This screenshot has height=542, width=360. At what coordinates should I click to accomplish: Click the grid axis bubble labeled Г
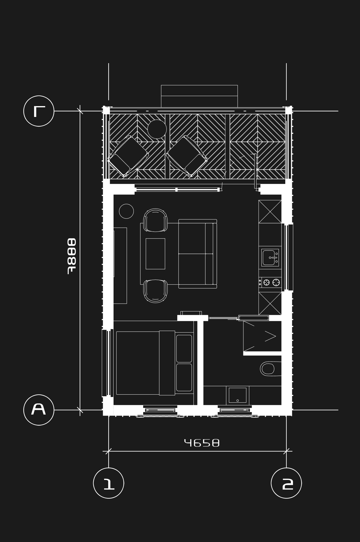tap(39, 111)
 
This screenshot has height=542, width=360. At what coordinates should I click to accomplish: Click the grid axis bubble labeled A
tap(39, 410)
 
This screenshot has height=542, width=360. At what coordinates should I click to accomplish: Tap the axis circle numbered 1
tap(109, 483)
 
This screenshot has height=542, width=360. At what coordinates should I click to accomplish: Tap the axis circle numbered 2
tap(286, 483)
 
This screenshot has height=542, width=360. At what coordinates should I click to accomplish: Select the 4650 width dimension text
tap(202, 443)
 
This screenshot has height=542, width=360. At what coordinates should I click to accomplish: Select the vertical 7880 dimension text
tap(72, 256)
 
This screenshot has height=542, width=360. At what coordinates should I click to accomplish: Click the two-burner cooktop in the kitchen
tap(270, 283)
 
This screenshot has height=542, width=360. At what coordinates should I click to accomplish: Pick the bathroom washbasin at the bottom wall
tap(238, 395)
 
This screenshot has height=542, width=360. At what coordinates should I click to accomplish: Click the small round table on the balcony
tap(157, 129)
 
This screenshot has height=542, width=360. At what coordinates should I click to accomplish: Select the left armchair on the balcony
tap(128, 156)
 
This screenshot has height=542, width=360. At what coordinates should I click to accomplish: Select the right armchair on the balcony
tap(187, 156)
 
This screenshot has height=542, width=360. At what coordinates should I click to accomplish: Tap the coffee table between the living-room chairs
tap(155, 254)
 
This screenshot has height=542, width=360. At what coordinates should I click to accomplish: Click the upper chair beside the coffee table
tap(155, 220)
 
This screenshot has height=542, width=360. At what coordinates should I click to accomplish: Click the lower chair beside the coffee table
tap(155, 291)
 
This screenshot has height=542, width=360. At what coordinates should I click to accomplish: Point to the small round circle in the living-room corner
tap(126, 211)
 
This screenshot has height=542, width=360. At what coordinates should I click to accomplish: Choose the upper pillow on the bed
tap(184, 349)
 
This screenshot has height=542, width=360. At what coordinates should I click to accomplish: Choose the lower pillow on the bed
tap(184, 377)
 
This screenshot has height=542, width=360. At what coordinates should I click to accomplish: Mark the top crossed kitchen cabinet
tap(270, 212)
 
